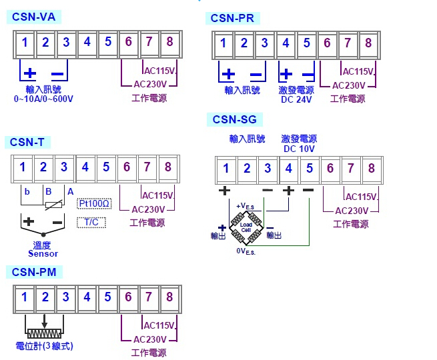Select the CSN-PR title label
(x=232, y=18)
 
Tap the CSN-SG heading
(x=234, y=120)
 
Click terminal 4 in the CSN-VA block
(x=87, y=43)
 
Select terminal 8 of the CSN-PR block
(x=368, y=43)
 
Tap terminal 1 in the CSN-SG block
(x=226, y=169)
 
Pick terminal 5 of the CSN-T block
(x=105, y=167)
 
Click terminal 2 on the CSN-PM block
(x=45, y=297)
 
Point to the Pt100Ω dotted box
(x=94, y=203)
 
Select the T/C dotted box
(x=91, y=222)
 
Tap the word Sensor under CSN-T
(x=43, y=253)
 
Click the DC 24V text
(x=296, y=99)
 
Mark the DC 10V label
(x=298, y=149)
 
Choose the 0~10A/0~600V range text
(x=43, y=99)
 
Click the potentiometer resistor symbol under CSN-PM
(x=44, y=331)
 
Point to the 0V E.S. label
(x=246, y=252)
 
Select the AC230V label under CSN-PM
(x=149, y=339)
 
